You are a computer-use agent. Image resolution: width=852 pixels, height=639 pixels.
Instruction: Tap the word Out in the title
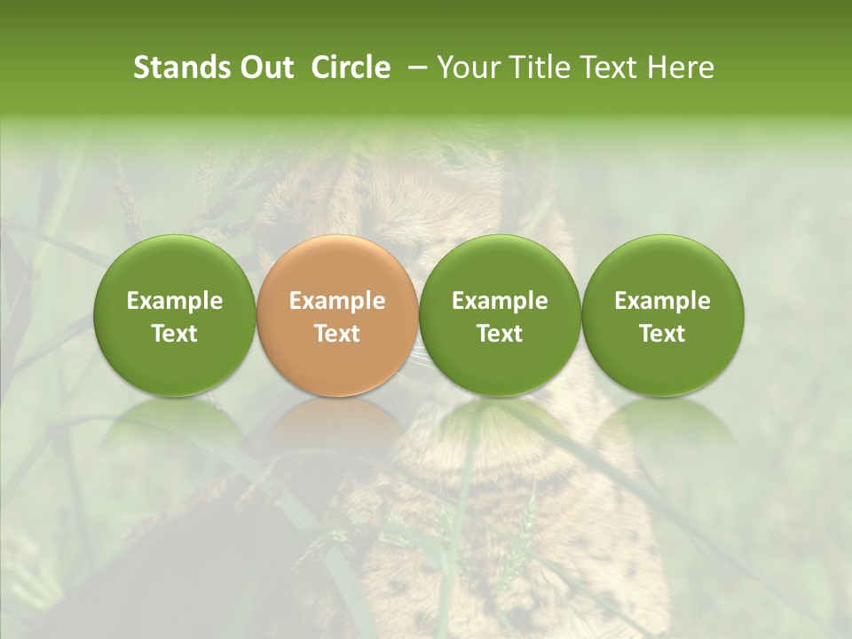coord(265,67)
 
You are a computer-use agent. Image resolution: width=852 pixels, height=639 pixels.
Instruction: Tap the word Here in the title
coord(680,67)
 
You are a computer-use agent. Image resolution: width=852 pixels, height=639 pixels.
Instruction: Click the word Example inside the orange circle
coord(337,301)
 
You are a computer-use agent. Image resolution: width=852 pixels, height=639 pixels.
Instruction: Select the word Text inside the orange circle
coord(337,334)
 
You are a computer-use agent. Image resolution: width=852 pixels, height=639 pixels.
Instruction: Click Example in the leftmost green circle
coord(175,301)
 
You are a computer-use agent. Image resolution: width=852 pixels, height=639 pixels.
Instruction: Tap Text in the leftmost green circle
coord(175,334)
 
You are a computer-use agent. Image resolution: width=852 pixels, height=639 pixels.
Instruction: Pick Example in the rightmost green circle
coord(663,301)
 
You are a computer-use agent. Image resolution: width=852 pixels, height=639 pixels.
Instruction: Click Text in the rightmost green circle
coord(663,334)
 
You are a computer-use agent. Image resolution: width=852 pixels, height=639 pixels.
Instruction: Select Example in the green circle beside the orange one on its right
coord(500,301)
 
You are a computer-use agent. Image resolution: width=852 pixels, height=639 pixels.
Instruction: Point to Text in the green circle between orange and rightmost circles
coord(500,334)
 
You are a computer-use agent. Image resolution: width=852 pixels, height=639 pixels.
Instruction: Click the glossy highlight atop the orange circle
coord(337,252)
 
